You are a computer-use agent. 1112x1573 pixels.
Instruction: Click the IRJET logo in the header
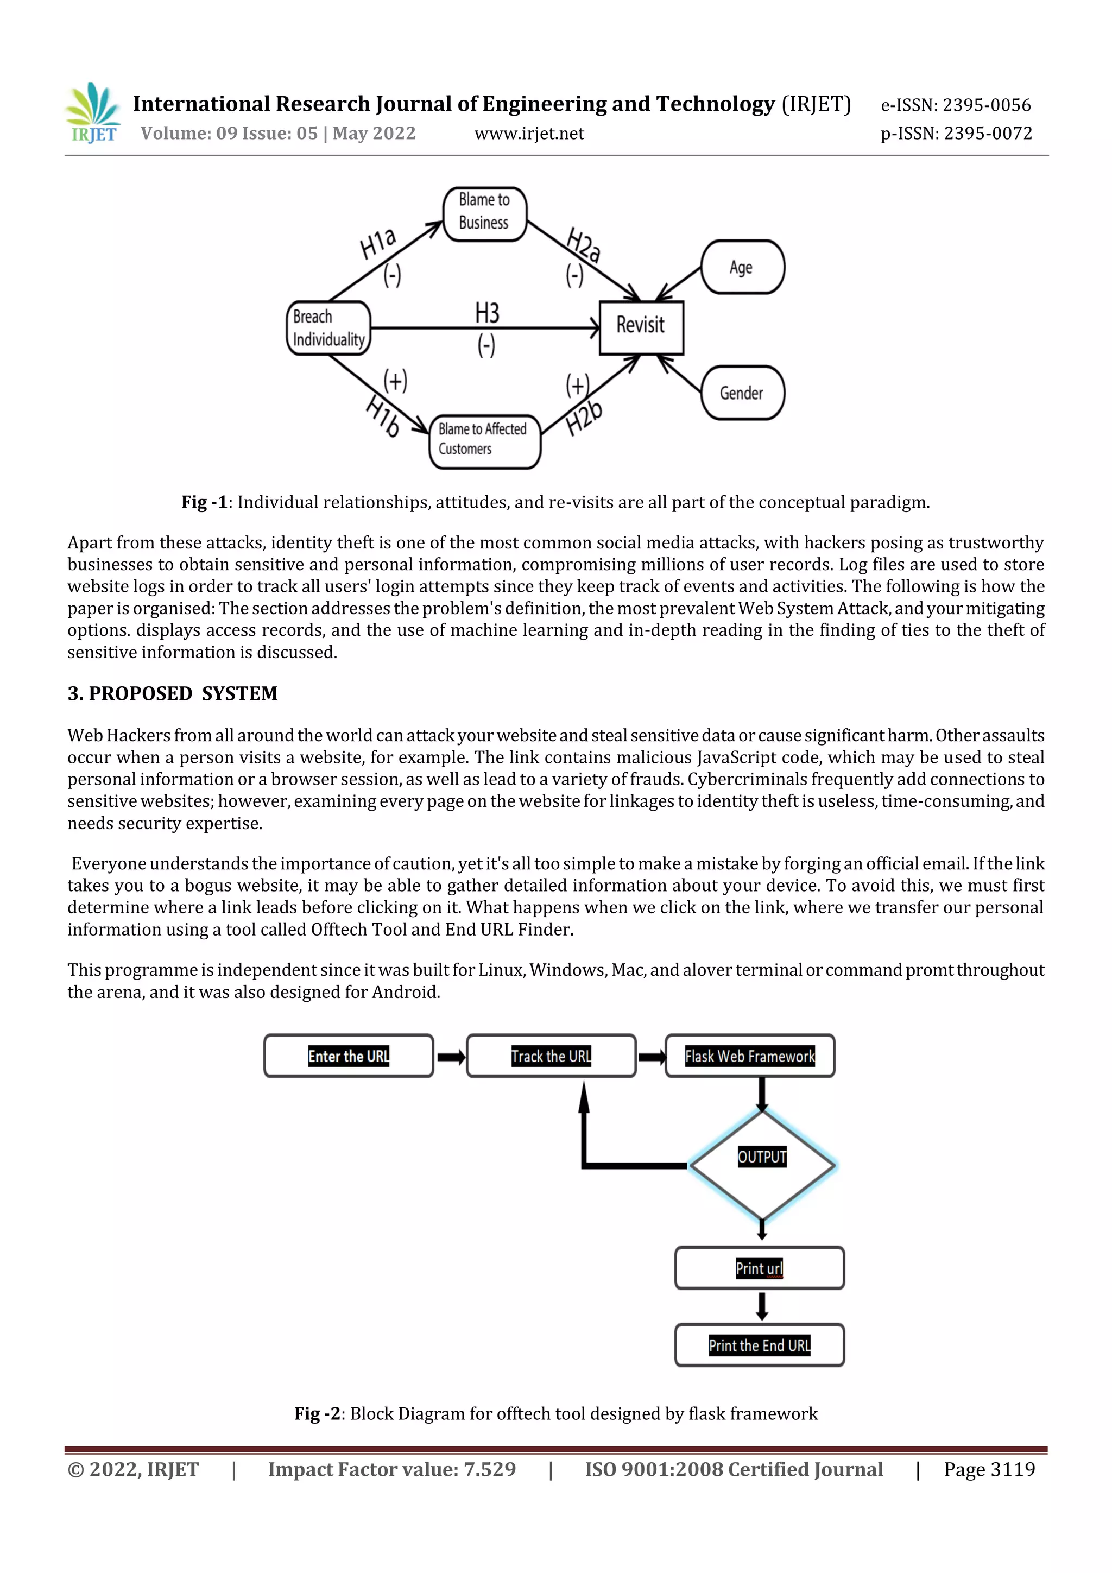pos(93,113)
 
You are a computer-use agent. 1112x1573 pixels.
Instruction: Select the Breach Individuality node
pos(328,328)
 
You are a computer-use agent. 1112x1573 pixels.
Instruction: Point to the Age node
pos(742,267)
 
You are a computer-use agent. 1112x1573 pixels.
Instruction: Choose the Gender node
pos(742,393)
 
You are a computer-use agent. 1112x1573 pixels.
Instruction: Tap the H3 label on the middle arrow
pos(487,314)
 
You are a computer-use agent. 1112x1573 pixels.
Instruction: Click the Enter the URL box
pos(349,1056)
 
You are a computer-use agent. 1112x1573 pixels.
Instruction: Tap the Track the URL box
pos(551,1056)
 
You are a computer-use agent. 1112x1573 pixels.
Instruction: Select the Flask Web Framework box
pos(749,1056)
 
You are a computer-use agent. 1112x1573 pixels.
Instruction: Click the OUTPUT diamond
pos(762,1165)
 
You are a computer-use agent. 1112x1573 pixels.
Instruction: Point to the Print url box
pos(759,1268)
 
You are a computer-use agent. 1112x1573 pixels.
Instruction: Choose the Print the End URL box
pos(759,1345)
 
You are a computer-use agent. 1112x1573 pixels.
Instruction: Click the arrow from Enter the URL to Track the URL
pos(451,1057)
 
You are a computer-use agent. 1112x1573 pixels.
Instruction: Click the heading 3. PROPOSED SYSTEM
pos(173,693)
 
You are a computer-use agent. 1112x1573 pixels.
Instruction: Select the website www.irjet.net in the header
pos(529,134)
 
